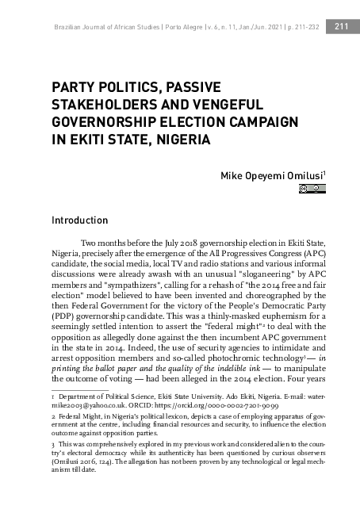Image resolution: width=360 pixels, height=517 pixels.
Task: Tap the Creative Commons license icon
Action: [x=312, y=189]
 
